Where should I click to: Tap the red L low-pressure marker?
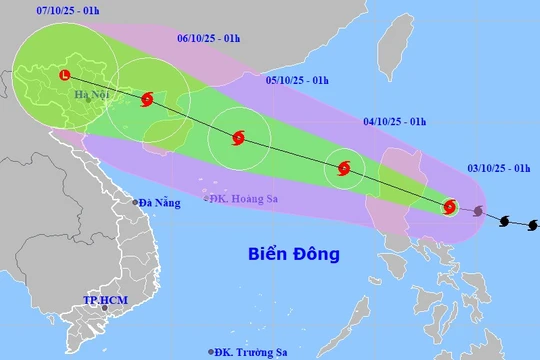[x=65, y=75]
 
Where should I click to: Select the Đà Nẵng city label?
[x=158, y=203]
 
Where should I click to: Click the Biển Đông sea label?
[x=294, y=254]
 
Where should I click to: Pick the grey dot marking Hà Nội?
[x=88, y=98]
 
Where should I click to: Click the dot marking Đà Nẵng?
[x=136, y=203]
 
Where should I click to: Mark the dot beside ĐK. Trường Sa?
[x=211, y=351]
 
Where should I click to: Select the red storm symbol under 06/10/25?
[x=148, y=99]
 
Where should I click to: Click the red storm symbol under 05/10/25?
[x=238, y=139]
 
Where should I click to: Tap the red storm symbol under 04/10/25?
[x=344, y=169]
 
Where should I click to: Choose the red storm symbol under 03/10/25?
[x=449, y=207]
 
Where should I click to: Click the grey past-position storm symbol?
[x=479, y=211]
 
